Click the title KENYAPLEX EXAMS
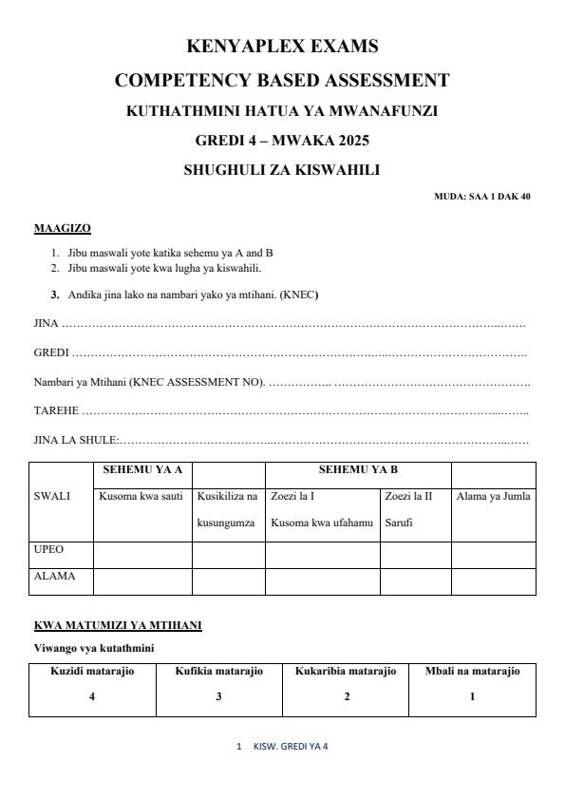[x=282, y=47]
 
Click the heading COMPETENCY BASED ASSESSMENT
[x=282, y=80]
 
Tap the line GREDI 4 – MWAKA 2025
[x=282, y=141]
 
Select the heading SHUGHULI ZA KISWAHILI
[x=282, y=171]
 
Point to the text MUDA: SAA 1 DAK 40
[x=482, y=197]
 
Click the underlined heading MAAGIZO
[x=63, y=229]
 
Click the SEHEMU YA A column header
[x=142, y=469]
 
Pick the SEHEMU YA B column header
[x=358, y=469]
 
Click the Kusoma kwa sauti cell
[x=142, y=496]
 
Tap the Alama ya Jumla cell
[x=493, y=496]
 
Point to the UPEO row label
[x=49, y=549]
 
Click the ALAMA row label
[x=53, y=575]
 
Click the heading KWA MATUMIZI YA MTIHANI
[x=118, y=625]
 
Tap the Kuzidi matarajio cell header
[x=92, y=672]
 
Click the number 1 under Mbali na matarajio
[x=472, y=695]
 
